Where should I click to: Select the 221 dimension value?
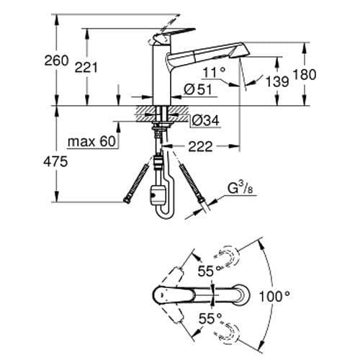[86, 67]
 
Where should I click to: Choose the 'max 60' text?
[92, 142]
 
